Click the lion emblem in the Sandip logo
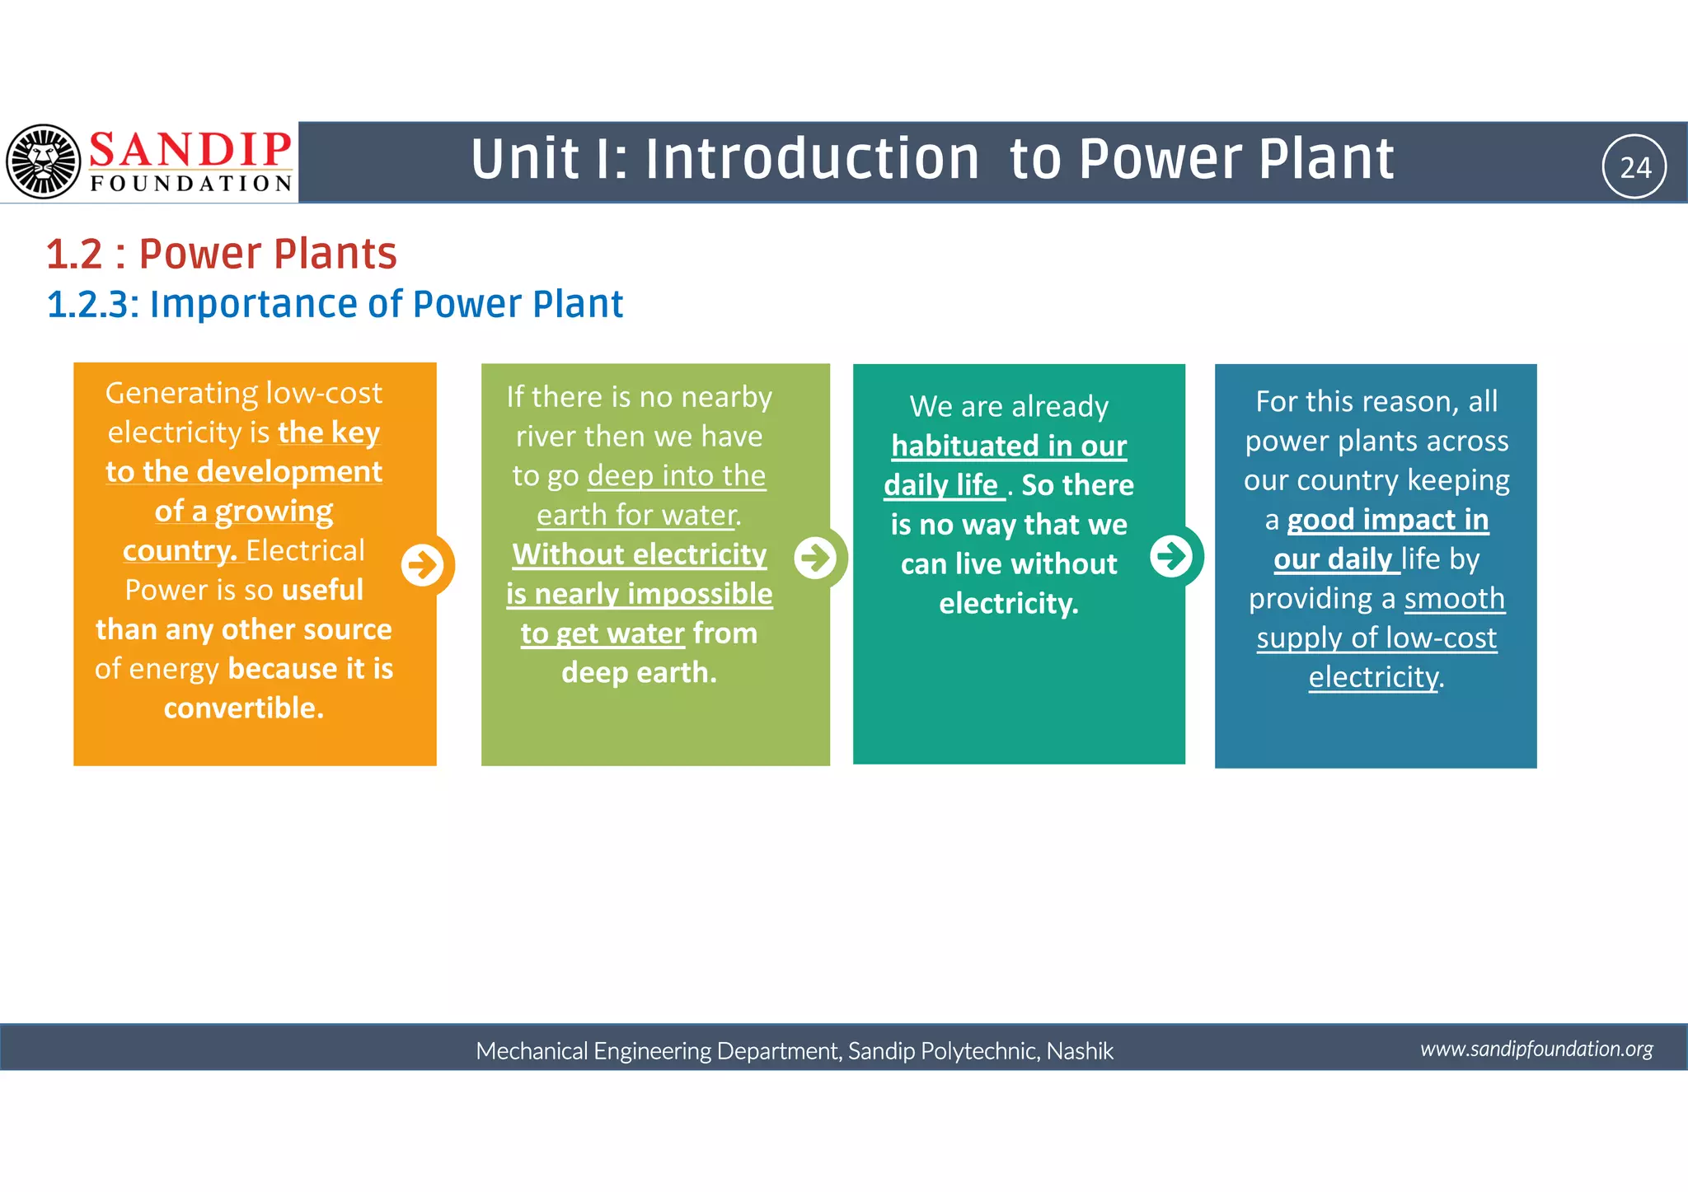(x=43, y=161)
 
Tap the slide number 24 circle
(x=1634, y=166)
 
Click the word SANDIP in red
(x=190, y=150)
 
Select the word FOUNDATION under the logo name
(x=191, y=183)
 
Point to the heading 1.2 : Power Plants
(x=222, y=254)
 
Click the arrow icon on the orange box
(x=423, y=565)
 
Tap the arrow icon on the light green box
(x=816, y=558)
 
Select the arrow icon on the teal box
(x=1171, y=556)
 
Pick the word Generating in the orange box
(x=171, y=393)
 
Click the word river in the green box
(x=546, y=436)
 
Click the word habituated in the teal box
(x=957, y=446)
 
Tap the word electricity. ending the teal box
(x=1008, y=603)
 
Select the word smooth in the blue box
(x=1454, y=598)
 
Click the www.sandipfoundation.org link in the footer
(x=1536, y=1049)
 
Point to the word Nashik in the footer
(x=1080, y=1050)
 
